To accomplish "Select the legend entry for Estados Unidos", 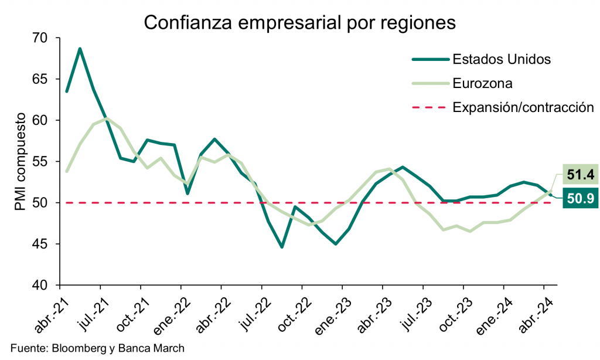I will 501,59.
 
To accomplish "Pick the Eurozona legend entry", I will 482,83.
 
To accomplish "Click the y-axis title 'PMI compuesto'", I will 22,162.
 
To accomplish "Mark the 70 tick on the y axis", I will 46,38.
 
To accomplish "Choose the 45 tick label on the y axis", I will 46,244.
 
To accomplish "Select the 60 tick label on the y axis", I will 46,121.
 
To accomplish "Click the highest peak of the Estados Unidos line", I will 80,49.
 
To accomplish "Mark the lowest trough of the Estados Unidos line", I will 282,247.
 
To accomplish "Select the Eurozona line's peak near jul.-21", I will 106,118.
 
